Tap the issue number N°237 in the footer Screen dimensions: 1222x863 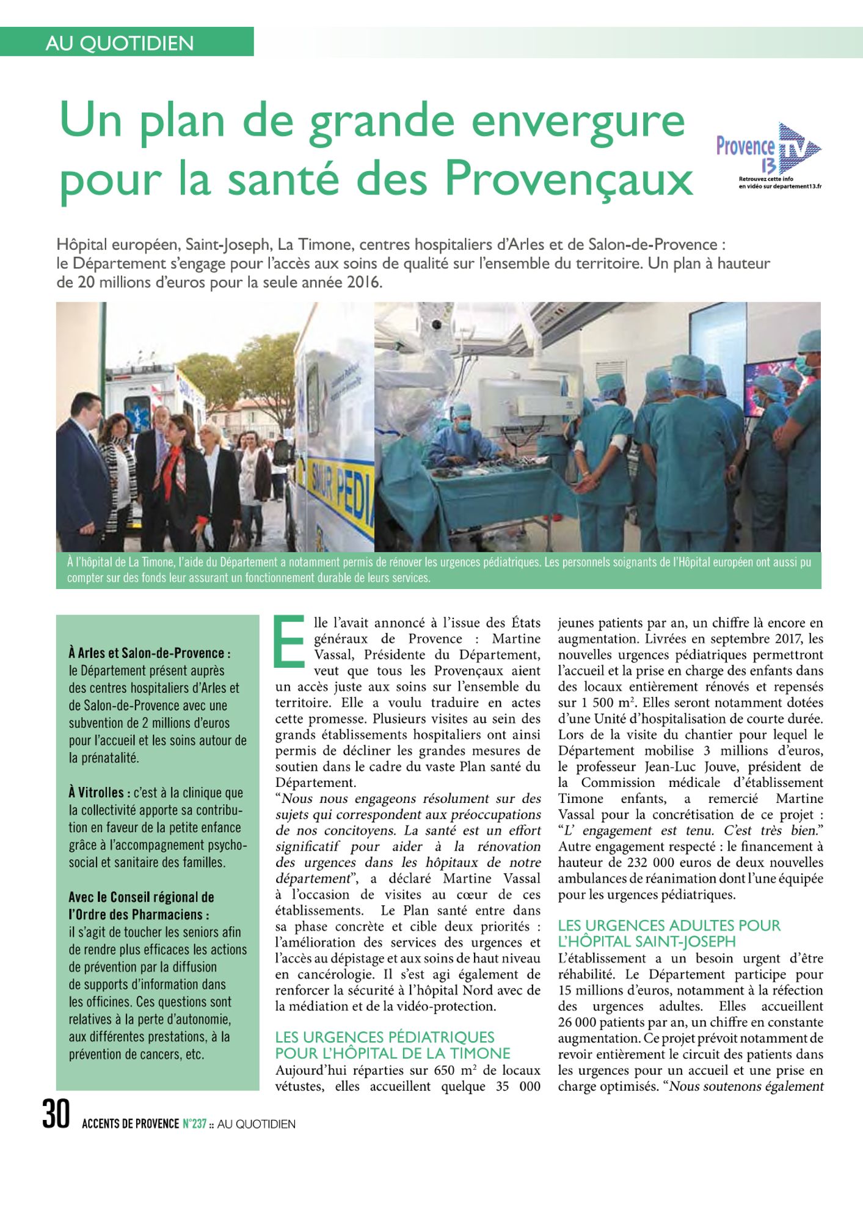click(x=194, y=1124)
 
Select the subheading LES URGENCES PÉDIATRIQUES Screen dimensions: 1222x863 click(x=385, y=1037)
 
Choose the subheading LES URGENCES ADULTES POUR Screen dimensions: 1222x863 click(x=669, y=925)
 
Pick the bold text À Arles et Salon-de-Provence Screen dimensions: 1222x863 click(x=150, y=653)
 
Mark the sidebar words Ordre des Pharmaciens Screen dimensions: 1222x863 click(x=139, y=915)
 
